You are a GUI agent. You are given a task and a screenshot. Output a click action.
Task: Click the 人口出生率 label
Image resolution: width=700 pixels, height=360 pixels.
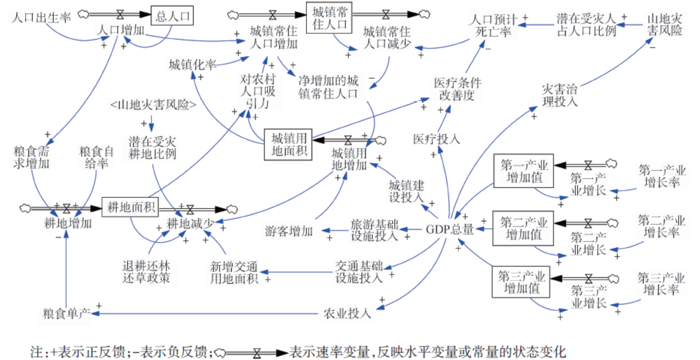coord(41,18)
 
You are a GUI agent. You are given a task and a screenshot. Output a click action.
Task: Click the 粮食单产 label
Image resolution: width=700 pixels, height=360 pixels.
coord(66,314)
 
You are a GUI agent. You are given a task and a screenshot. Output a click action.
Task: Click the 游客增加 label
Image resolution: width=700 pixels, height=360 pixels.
coord(289,231)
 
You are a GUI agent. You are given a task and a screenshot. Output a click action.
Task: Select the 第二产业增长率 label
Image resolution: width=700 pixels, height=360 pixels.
coord(662,226)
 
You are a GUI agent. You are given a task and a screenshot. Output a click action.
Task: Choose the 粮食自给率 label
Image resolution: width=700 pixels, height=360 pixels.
coord(96,157)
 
